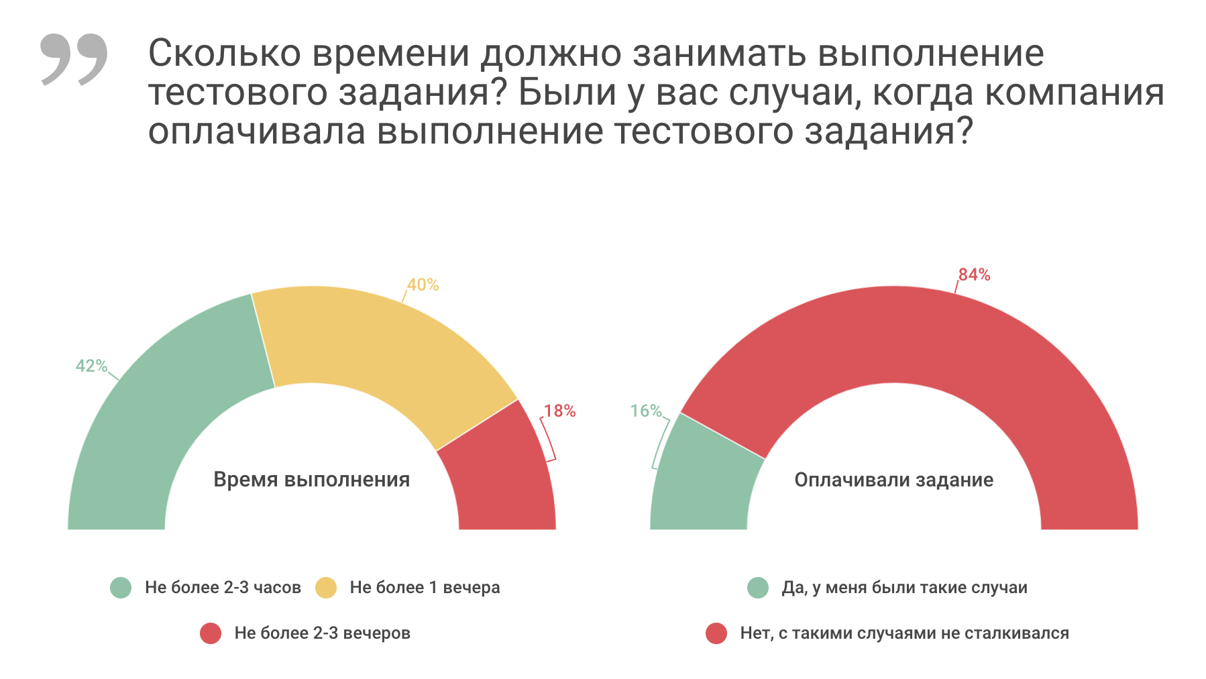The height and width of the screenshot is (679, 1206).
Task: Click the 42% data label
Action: pos(91,366)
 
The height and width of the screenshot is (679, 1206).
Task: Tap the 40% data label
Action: pos(423,285)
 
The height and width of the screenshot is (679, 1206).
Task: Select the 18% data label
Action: pos(559,411)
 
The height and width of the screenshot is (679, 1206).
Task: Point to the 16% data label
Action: pos(646,411)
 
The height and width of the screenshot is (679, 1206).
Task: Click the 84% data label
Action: pos(974,274)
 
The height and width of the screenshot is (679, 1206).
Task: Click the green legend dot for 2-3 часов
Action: pos(121,588)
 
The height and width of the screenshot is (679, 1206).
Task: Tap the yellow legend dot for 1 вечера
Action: pos(326,588)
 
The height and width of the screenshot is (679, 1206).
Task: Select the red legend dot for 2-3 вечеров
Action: pos(211,633)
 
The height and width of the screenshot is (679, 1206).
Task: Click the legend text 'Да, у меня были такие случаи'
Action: pos(904,588)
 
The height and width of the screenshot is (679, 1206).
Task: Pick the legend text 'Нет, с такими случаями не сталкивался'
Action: pos(904,633)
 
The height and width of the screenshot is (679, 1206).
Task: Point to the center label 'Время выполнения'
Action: pos(311,480)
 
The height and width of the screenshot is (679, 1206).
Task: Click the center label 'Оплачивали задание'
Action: pos(893,480)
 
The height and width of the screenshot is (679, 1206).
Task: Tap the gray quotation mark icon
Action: pos(74,59)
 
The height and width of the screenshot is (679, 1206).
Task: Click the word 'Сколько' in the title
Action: pos(224,54)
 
